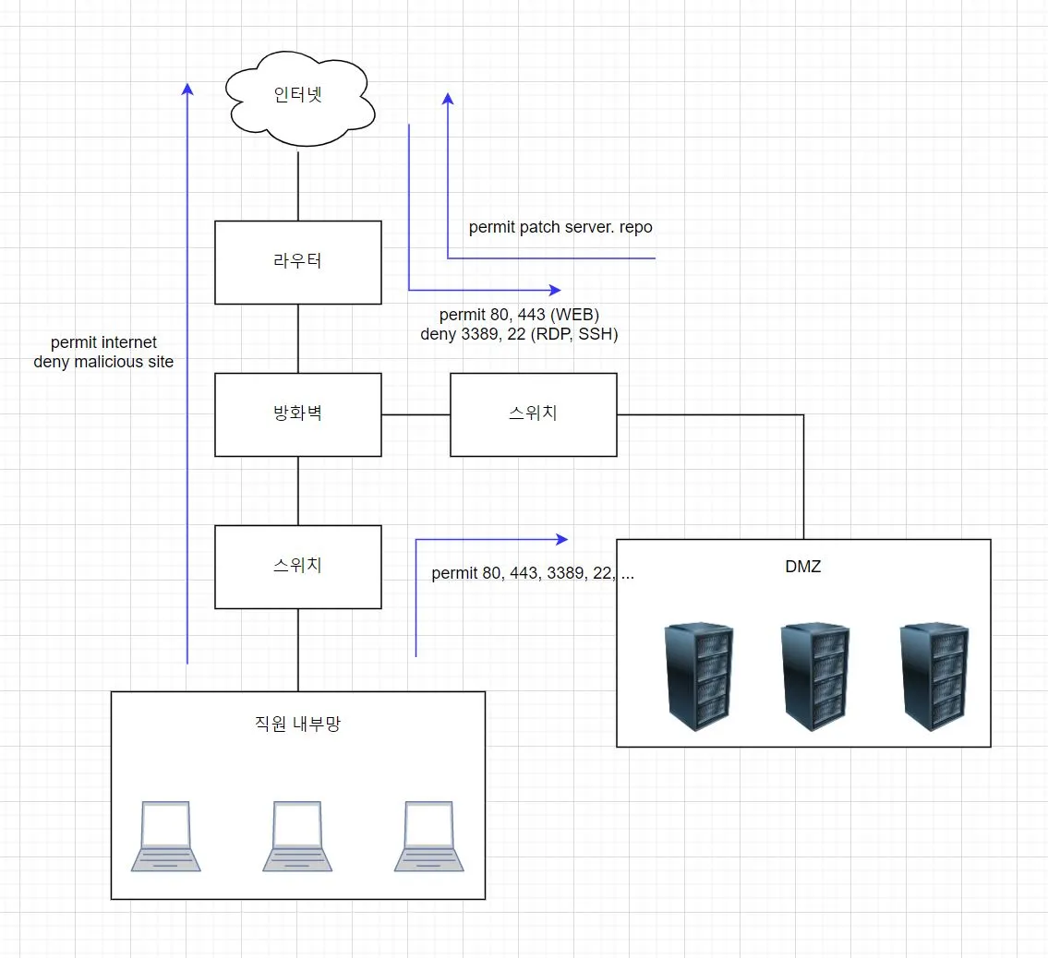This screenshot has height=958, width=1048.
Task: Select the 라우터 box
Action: [x=298, y=262]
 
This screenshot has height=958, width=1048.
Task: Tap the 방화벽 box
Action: [x=298, y=414]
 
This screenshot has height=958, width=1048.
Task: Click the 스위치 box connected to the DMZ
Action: [x=533, y=414]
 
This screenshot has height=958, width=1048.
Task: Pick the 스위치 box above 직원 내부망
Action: [x=298, y=567]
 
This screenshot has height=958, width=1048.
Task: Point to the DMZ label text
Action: [x=797, y=567]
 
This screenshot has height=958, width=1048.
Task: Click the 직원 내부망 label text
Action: [x=297, y=724]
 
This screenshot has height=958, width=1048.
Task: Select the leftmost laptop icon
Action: [x=165, y=836]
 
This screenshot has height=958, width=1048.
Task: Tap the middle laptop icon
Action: [x=297, y=836]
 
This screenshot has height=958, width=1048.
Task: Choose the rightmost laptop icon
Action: [x=429, y=836]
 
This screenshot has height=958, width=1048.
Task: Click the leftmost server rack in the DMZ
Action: [x=698, y=678]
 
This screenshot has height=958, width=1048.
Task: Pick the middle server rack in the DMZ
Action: [x=815, y=678]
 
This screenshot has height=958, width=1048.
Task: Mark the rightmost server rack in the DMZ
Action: [x=934, y=678]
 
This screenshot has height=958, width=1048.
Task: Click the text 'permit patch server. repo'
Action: [x=560, y=227]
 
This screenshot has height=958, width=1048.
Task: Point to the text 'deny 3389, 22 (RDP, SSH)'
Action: [x=519, y=334]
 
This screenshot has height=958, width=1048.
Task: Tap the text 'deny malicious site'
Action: [x=103, y=362]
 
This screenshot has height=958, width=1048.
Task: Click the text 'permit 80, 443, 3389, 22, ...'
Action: [x=533, y=573]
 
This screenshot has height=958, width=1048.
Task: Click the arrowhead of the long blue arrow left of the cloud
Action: [x=187, y=90]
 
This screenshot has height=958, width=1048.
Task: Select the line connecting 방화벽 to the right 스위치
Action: [x=416, y=414]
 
